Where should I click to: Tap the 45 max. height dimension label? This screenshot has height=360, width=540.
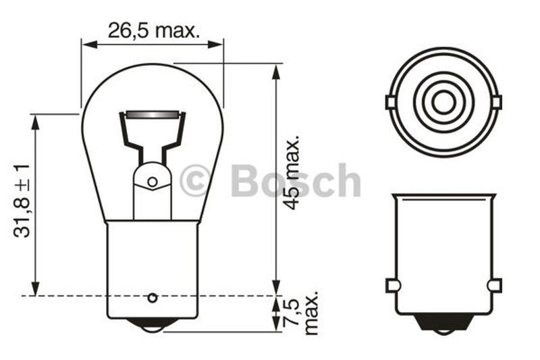(291, 173)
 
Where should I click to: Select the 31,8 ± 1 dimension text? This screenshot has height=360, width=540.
(22, 200)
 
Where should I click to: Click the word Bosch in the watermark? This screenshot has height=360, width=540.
(296, 181)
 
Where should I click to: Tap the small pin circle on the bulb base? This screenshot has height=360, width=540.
(153, 298)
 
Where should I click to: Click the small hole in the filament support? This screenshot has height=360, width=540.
(153, 182)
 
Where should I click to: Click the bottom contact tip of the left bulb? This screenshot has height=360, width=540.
(153, 328)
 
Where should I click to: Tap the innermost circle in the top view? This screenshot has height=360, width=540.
(443, 103)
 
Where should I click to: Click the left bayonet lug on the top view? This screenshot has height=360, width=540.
(390, 103)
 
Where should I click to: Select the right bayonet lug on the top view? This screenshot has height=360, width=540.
(497, 103)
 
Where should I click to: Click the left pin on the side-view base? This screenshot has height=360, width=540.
(392, 286)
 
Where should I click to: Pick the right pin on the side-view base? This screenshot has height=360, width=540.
(495, 286)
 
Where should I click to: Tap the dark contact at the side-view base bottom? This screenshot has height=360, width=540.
(443, 323)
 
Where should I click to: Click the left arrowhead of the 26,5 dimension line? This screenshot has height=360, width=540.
(86, 45)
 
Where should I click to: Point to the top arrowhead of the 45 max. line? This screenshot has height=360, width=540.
(276, 70)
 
